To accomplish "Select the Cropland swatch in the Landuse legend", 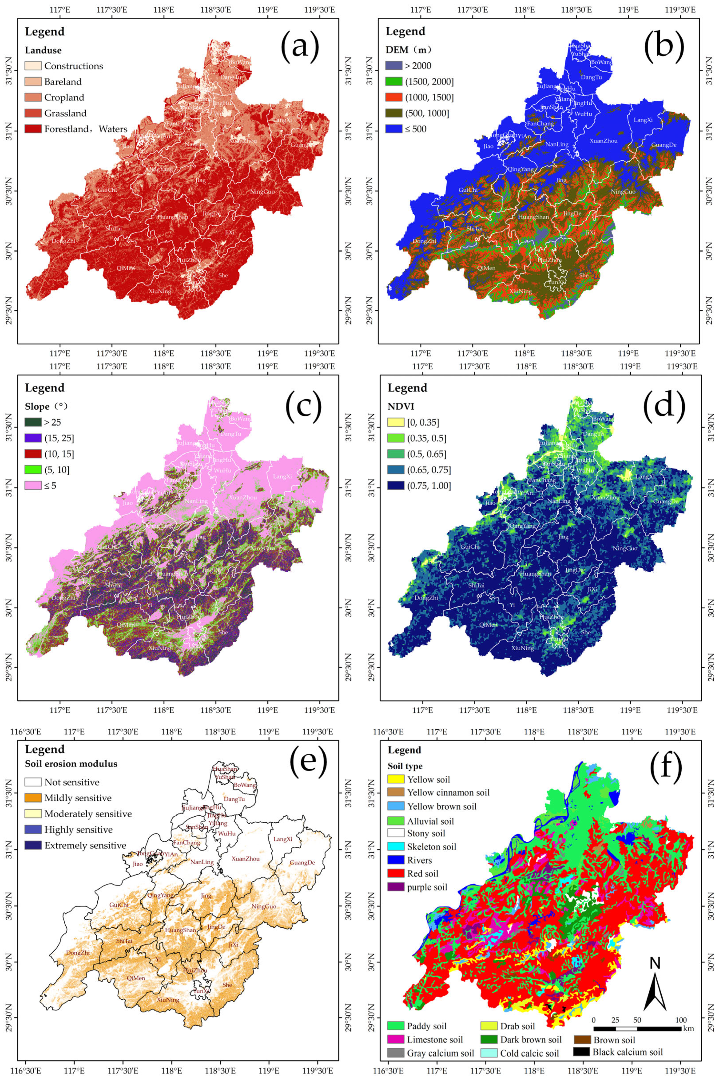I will [33, 97].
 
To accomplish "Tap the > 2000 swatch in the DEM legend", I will [394, 66].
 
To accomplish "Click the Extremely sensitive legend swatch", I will [33, 845].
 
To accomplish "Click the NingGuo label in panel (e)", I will [264, 906].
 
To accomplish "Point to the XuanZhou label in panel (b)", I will [603, 141].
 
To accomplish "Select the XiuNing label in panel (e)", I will [167, 999].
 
